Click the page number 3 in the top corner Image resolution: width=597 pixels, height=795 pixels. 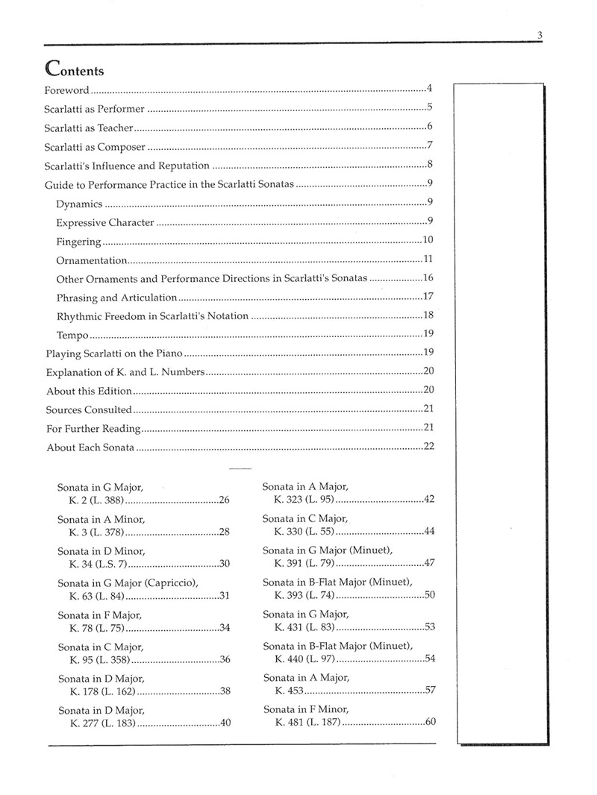pos(538,34)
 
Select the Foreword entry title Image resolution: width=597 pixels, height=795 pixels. pos(67,90)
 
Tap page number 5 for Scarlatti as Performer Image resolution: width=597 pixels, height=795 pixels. pos(430,107)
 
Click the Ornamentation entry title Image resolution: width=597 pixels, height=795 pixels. pos(92,260)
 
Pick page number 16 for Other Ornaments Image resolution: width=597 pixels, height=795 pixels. pos(428,278)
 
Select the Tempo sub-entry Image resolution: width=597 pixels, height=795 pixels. pos(72,336)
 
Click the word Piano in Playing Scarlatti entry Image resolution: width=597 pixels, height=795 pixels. pos(167,353)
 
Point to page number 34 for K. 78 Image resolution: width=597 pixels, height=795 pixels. pos(225,627)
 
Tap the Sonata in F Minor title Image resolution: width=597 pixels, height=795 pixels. pos(306,709)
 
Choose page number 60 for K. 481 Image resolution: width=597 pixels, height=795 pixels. pos(430,722)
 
